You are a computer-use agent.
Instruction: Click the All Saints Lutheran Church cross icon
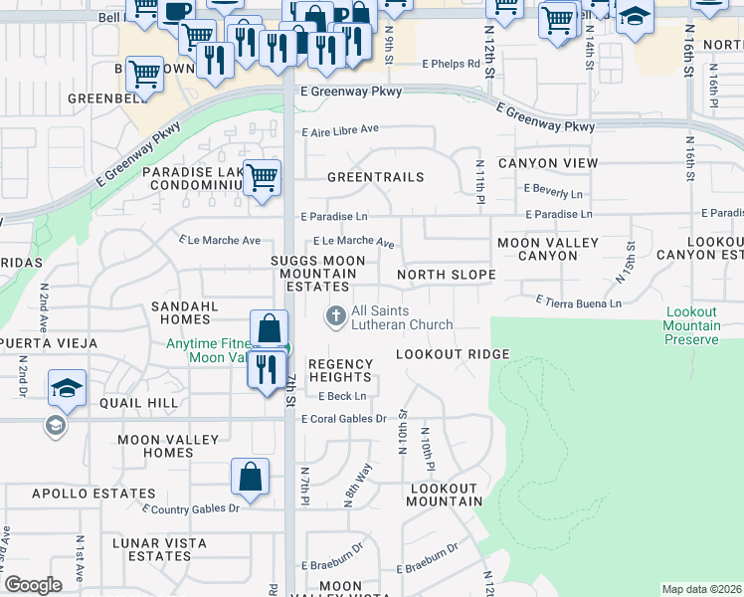point(336,316)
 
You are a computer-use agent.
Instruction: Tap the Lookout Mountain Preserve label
point(693,326)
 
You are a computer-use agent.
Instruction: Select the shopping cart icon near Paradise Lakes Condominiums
point(263,178)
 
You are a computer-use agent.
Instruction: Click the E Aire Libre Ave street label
point(341,129)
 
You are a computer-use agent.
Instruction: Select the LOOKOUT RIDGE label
point(453,355)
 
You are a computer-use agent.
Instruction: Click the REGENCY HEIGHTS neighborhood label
point(339,370)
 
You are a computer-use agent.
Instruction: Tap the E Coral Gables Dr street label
point(343,419)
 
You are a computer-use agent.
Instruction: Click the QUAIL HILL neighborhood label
point(138,403)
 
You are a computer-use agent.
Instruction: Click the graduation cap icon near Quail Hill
point(67,388)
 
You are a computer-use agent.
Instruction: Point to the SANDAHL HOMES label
point(180,313)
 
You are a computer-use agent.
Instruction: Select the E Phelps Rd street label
point(451,64)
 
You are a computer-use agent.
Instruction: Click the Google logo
point(34,585)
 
